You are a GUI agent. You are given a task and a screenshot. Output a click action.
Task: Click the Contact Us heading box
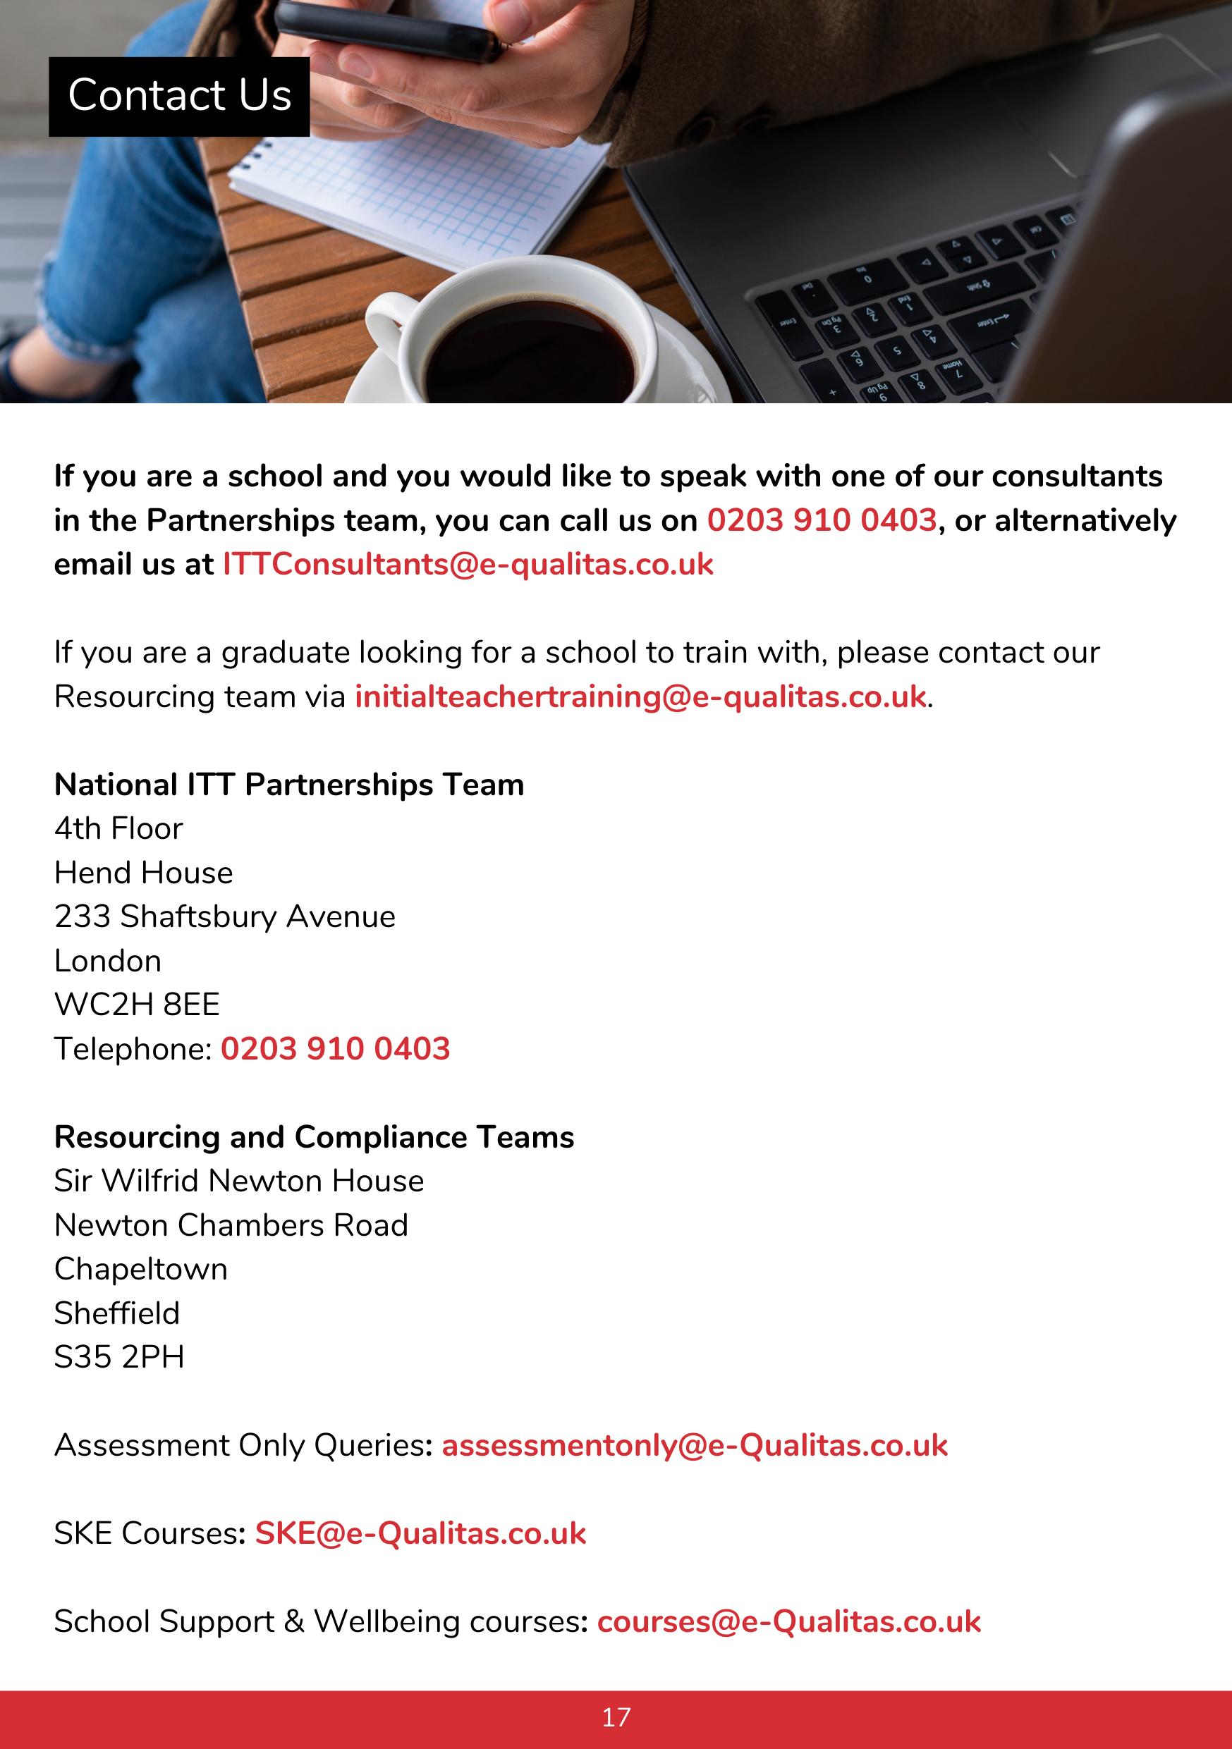[x=179, y=97]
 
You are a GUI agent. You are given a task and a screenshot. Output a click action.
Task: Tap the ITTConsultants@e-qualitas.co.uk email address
[x=468, y=565]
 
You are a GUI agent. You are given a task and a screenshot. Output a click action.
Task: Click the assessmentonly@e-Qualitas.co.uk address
[x=694, y=1446]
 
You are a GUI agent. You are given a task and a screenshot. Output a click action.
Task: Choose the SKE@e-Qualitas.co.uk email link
[x=420, y=1534]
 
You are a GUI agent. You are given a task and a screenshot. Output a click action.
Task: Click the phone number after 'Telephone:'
[x=335, y=1050]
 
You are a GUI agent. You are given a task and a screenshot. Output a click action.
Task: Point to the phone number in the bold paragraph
[x=822, y=521]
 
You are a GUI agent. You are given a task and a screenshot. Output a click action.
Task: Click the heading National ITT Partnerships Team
[x=288, y=785]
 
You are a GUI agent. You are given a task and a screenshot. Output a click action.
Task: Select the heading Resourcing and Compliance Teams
[x=314, y=1137]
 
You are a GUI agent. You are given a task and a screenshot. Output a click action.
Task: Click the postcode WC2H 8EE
[x=137, y=1005]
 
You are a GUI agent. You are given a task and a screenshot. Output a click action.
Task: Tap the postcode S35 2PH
[x=120, y=1358]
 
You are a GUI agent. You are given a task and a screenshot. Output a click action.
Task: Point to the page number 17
[x=616, y=1718]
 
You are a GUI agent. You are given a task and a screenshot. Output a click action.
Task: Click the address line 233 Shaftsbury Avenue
[x=225, y=917]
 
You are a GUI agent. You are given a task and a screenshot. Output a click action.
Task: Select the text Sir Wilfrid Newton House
[x=238, y=1182]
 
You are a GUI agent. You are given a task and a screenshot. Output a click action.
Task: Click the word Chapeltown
[x=141, y=1270]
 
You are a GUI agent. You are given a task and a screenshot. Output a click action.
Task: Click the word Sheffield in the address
[x=116, y=1314]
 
